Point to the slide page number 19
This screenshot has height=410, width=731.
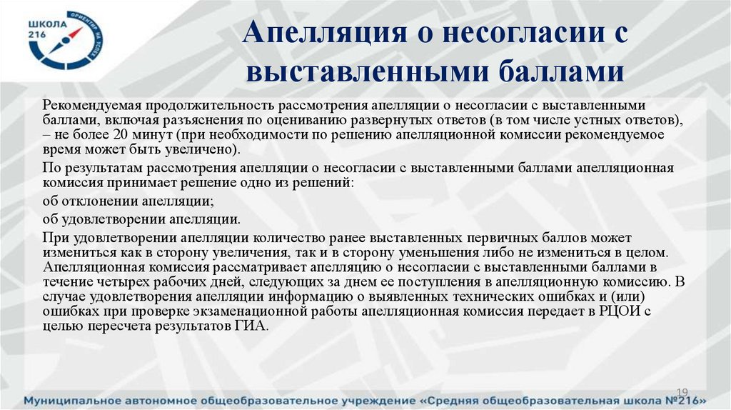click(680, 391)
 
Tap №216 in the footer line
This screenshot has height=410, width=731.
click(683, 401)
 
